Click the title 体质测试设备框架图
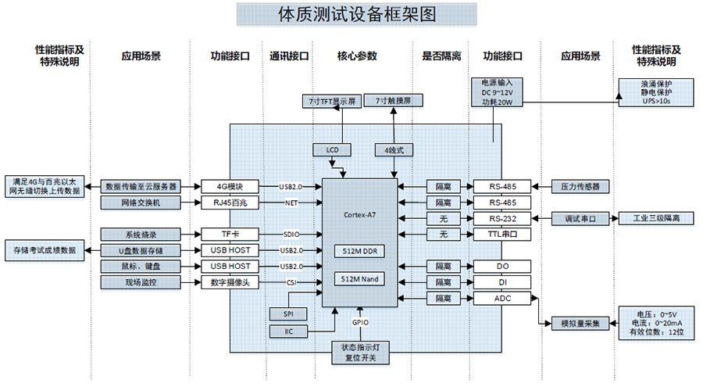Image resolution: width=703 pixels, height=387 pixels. pos(355,15)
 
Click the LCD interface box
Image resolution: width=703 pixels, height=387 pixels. pos(331,149)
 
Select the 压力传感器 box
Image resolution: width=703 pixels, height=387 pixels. pos(580,187)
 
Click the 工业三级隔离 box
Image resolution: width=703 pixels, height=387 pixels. pos(656,218)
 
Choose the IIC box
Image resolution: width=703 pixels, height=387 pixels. pos(288,331)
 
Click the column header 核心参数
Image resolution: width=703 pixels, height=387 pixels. pos(357,56)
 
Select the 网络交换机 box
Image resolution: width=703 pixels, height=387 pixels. pos(141,203)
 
